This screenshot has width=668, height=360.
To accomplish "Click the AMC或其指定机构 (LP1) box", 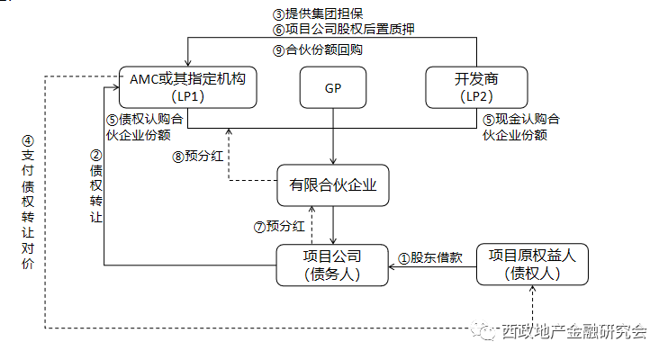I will (x=188, y=87).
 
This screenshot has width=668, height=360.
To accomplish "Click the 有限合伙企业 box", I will (x=332, y=186).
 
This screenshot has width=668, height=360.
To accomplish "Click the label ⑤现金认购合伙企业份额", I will (x=521, y=128).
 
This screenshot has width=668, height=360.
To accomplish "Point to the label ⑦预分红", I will (x=279, y=227).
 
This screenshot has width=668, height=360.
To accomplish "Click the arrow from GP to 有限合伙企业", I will (x=334, y=135).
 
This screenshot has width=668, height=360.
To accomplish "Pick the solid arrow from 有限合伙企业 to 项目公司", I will (x=334, y=225).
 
